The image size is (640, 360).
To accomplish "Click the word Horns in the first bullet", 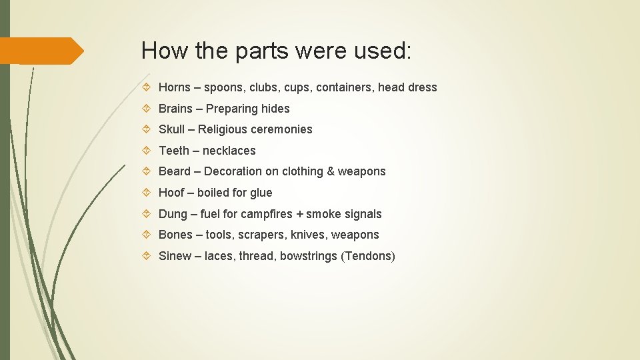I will [175, 87].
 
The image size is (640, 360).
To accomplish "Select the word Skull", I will [171, 129].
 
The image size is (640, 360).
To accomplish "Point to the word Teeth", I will [173, 151].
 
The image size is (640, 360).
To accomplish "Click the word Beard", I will [175, 171].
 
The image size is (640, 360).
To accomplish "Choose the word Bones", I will [175, 235].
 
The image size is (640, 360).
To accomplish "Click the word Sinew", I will [175, 256].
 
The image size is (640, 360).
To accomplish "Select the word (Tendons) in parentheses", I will [368, 256].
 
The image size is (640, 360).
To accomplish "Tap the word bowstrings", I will [309, 256].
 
